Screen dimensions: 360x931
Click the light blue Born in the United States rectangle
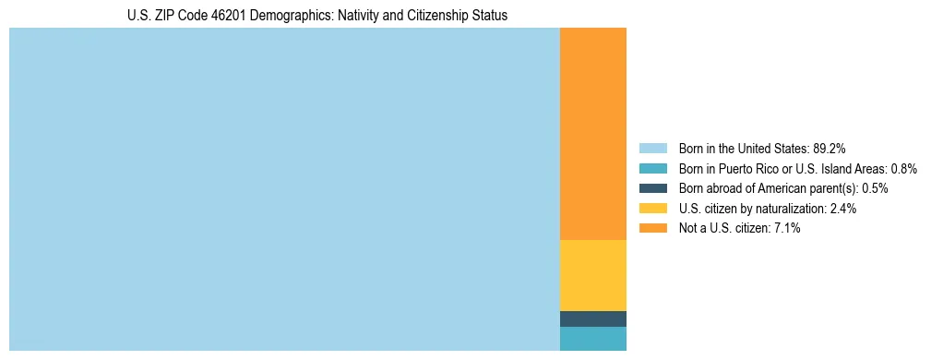[x=284, y=189]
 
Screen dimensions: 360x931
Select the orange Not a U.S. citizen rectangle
[x=592, y=134]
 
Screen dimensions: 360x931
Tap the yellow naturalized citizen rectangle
[x=592, y=275]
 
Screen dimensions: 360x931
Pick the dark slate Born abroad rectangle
[x=592, y=318]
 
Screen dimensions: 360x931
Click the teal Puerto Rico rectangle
[x=592, y=339]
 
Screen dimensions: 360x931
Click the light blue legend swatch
[x=652, y=149]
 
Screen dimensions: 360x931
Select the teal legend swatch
[x=652, y=169]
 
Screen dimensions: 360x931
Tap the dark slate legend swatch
[x=652, y=188]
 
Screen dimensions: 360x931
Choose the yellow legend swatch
[x=652, y=209]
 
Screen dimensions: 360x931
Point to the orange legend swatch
[x=652, y=228]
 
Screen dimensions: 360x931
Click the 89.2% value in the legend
[x=830, y=149]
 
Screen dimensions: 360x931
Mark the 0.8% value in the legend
[x=903, y=169]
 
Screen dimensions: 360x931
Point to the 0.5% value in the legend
[x=875, y=188]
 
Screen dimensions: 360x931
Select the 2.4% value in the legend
[x=843, y=209]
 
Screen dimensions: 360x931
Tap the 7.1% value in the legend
[x=787, y=228]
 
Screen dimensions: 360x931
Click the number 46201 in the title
[x=229, y=16]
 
